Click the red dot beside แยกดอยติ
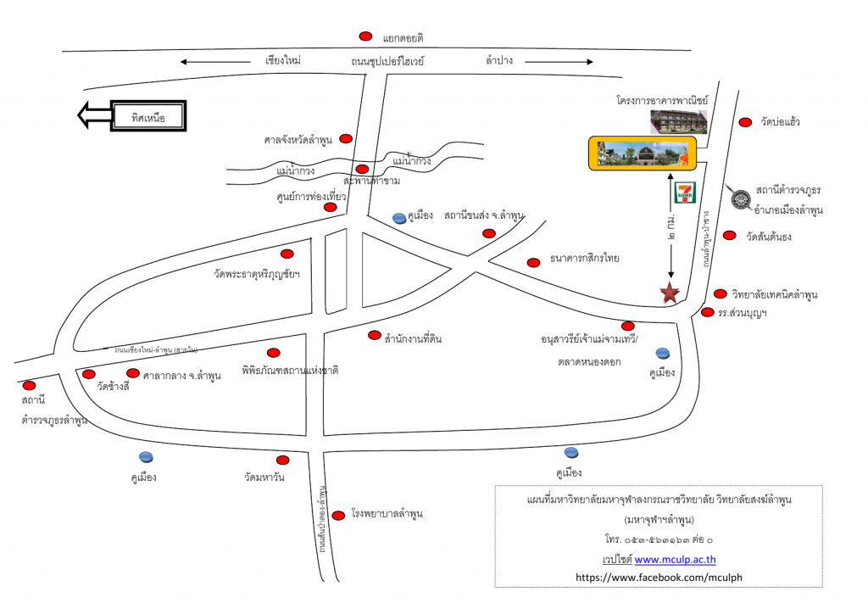click(365, 36)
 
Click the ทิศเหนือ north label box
click(147, 116)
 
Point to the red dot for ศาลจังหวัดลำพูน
click(346, 138)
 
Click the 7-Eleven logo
click(683, 193)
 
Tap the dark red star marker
click(670, 293)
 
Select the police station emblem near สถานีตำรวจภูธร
click(740, 198)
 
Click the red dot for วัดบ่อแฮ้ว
click(745, 122)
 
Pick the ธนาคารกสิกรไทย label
click(585, 259)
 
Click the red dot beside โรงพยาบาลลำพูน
click(338, 515)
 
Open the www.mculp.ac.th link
click(675, 559)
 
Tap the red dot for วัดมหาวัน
click(282, 460)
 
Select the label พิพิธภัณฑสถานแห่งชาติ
click(290, 371)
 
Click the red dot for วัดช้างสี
click(88, 374)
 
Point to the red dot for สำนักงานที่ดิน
click(374, 335)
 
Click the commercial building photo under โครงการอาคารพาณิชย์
click(678, 121)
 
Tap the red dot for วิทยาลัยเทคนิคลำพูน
click(721, 294)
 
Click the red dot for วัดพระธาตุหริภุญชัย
click(287, 254)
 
